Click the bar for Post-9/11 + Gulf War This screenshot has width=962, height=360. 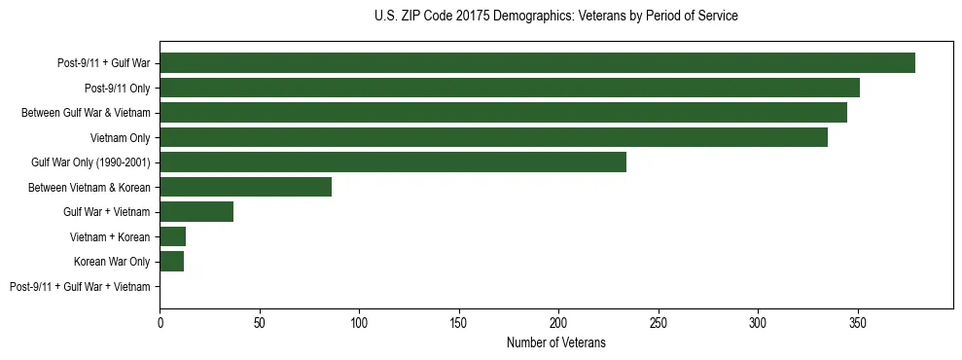click(537, 63)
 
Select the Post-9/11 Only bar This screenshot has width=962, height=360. click(510, 88)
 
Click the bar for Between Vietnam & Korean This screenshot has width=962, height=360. click(245, 187)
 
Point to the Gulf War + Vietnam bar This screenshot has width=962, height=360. click(196, 212)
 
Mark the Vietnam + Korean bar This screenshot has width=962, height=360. click(173, 236)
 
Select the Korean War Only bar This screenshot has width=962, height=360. click(172, 262)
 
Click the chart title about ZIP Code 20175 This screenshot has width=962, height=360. click(555, 17)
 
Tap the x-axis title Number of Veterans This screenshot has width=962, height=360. click(555, 342)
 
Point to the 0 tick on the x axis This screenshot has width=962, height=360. click(160, 320)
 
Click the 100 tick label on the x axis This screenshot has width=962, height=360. click(359, 320)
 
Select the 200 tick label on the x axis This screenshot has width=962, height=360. click(558, 320)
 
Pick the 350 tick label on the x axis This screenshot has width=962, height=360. click(857, 320)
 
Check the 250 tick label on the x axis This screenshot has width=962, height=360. click(659, 320)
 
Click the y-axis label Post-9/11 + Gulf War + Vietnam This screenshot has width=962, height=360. click(80, 287)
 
